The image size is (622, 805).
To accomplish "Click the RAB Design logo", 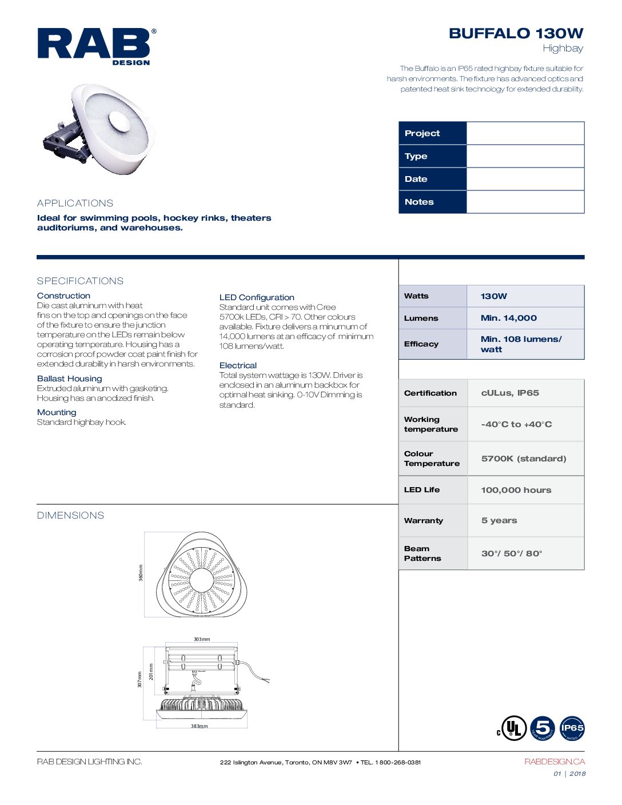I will coord(96,46).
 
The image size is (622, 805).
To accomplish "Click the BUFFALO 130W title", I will coord(516,34).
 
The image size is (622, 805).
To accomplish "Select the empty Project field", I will coord(525,133).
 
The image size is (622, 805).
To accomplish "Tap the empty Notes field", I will coord(525,202).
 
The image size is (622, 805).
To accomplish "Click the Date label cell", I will coord(433,179).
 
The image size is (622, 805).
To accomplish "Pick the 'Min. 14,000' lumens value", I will coord(509,318).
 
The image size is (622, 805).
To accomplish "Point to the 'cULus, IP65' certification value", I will coord(510,393).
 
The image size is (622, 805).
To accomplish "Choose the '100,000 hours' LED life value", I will coord(516,490).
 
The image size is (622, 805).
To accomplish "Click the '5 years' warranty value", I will coord(499,520).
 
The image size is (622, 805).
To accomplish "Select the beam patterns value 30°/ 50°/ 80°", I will coord(512,553).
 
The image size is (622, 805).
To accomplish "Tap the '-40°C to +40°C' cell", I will coord(516,424).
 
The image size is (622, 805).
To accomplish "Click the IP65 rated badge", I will coord(572,728).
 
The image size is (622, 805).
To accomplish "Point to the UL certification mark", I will coord(512,728).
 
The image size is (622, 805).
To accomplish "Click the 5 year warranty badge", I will coord(543,728).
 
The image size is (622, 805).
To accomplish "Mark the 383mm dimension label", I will coord(200,726).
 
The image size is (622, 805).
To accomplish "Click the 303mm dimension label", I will coord(201,639).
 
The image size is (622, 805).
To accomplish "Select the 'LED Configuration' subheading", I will coord(257,297).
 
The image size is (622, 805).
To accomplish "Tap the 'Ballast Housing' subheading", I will coord(70,378).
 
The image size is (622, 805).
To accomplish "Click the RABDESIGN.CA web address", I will coord(555,762).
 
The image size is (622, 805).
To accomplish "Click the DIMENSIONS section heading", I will coord(71,515).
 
